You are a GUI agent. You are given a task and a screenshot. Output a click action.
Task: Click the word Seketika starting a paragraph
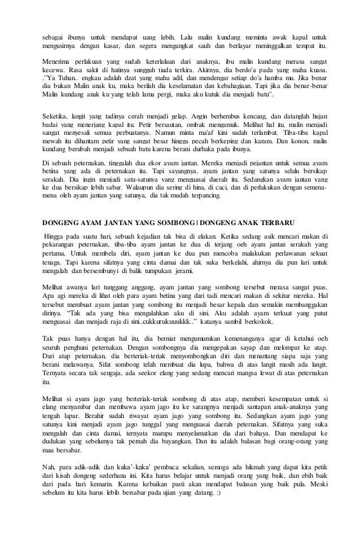pos(58,116)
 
